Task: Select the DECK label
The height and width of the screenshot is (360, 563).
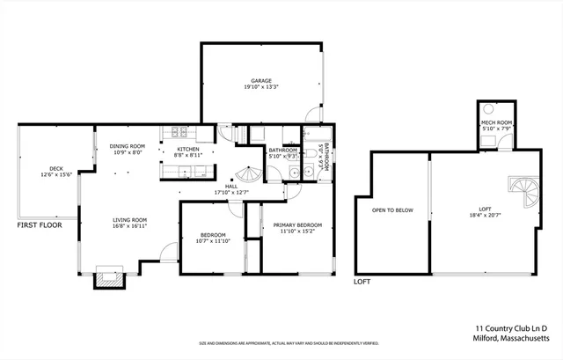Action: [x=56, y=168]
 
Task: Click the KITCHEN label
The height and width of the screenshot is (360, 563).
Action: [x=188, y=149]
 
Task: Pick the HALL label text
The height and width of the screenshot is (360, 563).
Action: [x=231, y=186]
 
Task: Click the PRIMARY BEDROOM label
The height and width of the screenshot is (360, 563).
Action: [x=290, y=225]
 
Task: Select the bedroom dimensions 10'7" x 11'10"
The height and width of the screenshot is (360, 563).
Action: [x=214, y=241]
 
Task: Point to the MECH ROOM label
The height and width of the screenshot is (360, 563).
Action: [x=497, y=122]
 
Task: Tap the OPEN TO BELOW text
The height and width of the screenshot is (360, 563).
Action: [x=392, y=211]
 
